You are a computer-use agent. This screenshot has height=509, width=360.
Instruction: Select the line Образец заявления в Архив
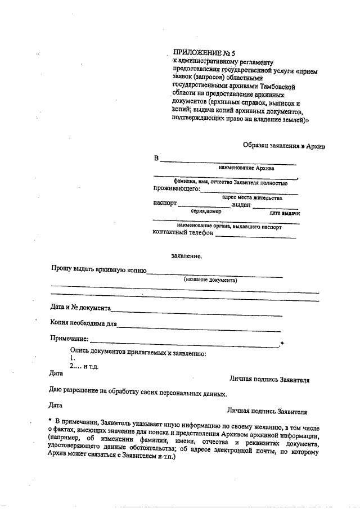point(285,145)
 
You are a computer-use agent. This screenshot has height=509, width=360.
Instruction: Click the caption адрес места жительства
point(252,198)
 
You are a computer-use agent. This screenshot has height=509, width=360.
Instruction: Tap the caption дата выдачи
point(284,214)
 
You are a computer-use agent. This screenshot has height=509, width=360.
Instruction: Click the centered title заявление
point(186,255)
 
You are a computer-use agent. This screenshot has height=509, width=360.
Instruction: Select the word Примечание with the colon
point(70,339)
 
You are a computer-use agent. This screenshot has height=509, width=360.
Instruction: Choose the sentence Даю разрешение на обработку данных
point(138,394)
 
